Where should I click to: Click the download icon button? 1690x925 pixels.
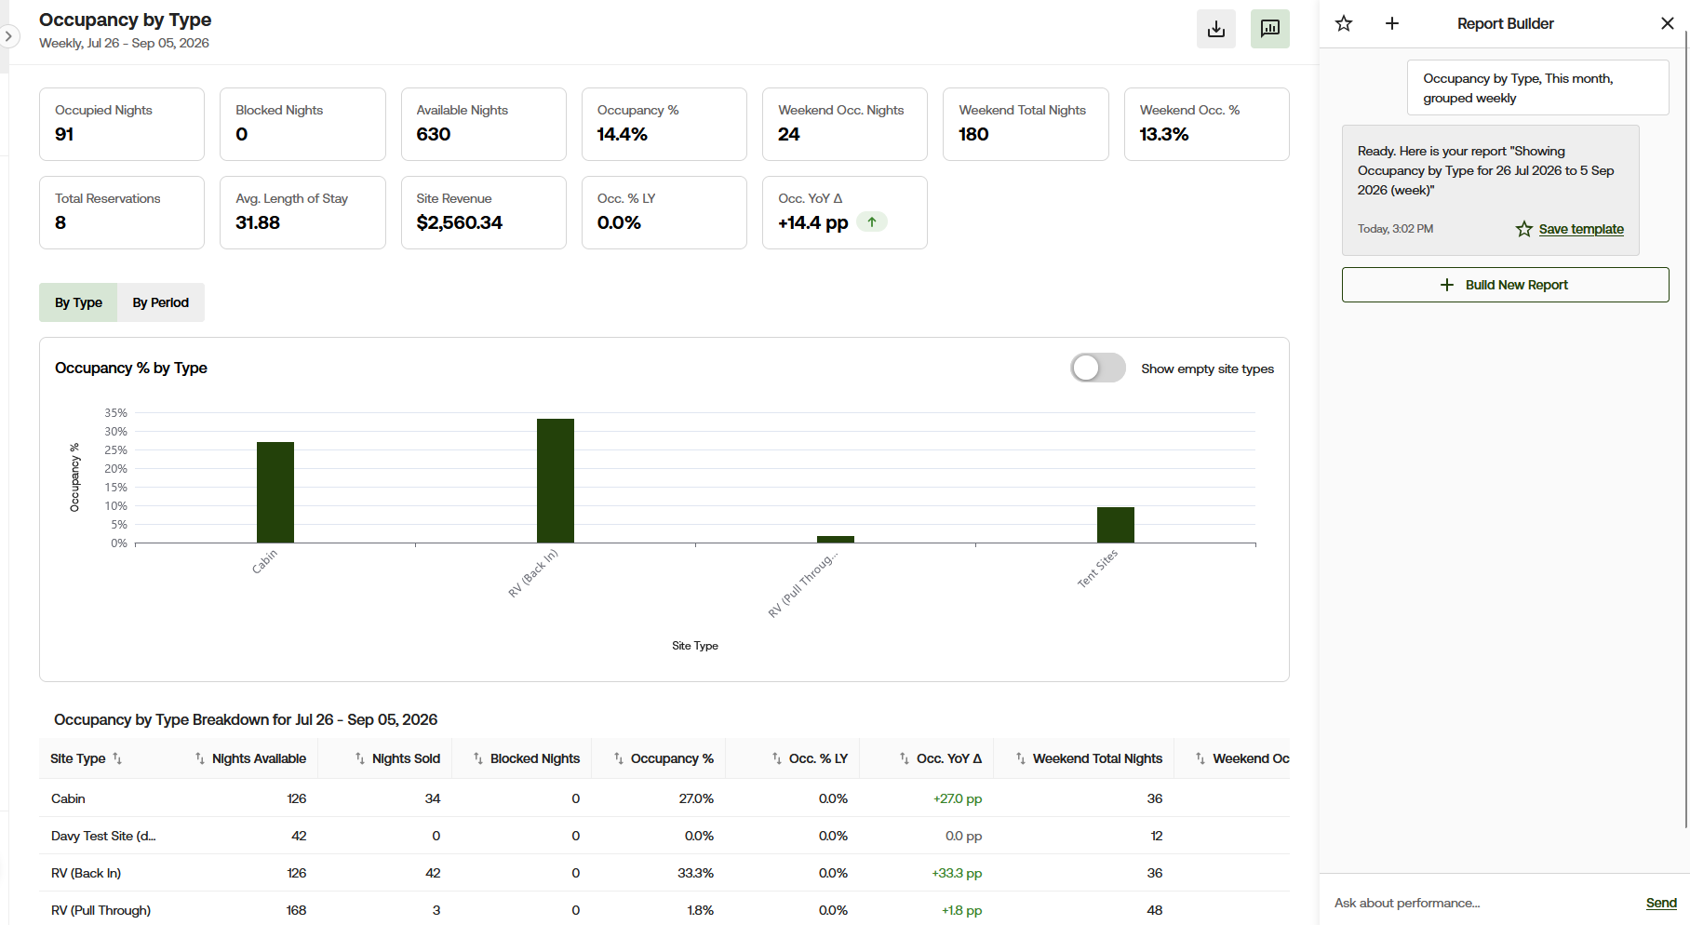[x=1215, y=29]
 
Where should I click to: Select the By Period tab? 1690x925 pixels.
[x=160, y=302]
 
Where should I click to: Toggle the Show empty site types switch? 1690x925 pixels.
[x=1098, y=368]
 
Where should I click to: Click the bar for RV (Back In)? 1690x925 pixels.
[x=556, y=480]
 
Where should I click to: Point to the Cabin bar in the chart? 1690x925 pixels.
[x=275, y=492]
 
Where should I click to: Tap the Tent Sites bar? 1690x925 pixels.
[x=1116, y=525]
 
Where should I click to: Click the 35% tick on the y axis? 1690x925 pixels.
[x=115, y=412]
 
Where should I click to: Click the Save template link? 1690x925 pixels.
[x=1581, y=229]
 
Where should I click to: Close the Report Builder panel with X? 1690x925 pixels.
[x=1668, y=23]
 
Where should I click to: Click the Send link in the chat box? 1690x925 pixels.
[x=1661, y=903]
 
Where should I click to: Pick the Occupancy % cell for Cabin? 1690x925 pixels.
[x=696, y=798]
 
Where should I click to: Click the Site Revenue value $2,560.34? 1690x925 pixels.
[x=460, y=222]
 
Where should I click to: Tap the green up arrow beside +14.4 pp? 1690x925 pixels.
[x=872, y=222]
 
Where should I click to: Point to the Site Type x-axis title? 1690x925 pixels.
[x=695, y=646]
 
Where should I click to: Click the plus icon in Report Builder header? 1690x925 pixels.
[x=1392, y=23]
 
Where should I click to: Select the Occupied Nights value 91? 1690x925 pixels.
[x=64, y=134]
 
